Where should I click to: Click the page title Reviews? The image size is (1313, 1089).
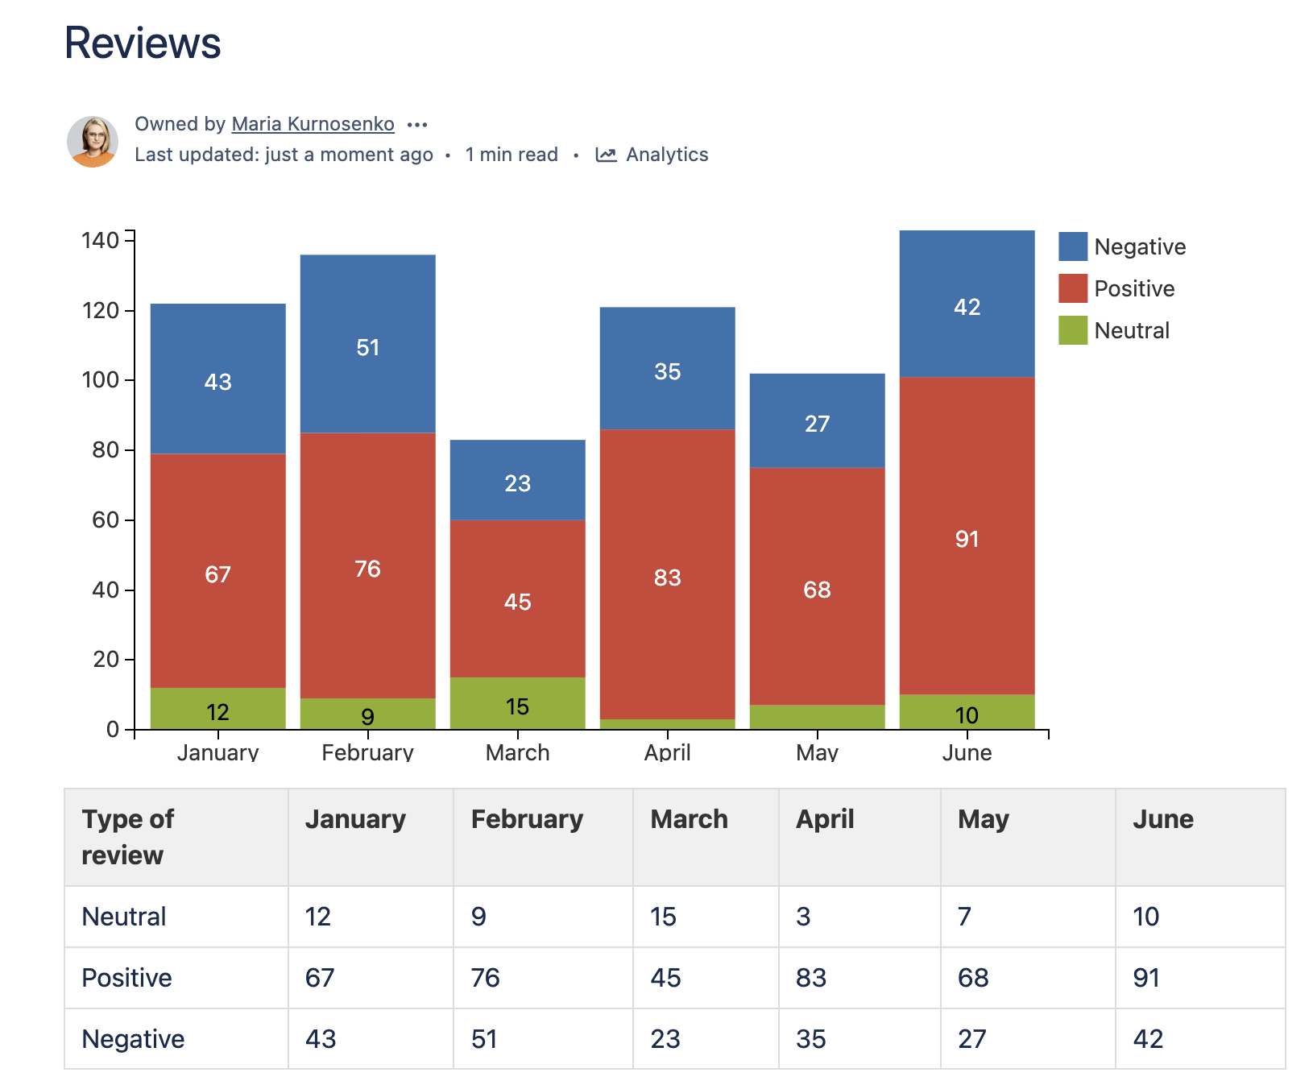point(143,43)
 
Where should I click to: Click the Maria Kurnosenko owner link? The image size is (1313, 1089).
point(313,124)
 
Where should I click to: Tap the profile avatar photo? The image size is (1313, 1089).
point(93,141)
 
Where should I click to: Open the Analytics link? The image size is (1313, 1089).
point(652,155)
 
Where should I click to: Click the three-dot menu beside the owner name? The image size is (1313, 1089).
point(417,125)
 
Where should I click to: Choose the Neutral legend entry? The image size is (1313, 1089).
point(1115,330)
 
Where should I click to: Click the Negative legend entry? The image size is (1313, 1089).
point(1123,246)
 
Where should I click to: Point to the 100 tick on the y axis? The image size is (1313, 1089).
point(101,379)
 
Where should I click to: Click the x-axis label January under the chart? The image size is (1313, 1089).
point(217,752)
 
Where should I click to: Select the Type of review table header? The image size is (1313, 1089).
point(127,837)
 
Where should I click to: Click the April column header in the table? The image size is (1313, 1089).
point(825,819)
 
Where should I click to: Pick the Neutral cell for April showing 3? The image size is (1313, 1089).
point(803,917)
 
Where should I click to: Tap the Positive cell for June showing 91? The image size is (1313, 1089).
point(1146,978)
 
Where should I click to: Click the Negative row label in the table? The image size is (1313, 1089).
point(133,1039)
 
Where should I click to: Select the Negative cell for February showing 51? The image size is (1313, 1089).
point(484,1039)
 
